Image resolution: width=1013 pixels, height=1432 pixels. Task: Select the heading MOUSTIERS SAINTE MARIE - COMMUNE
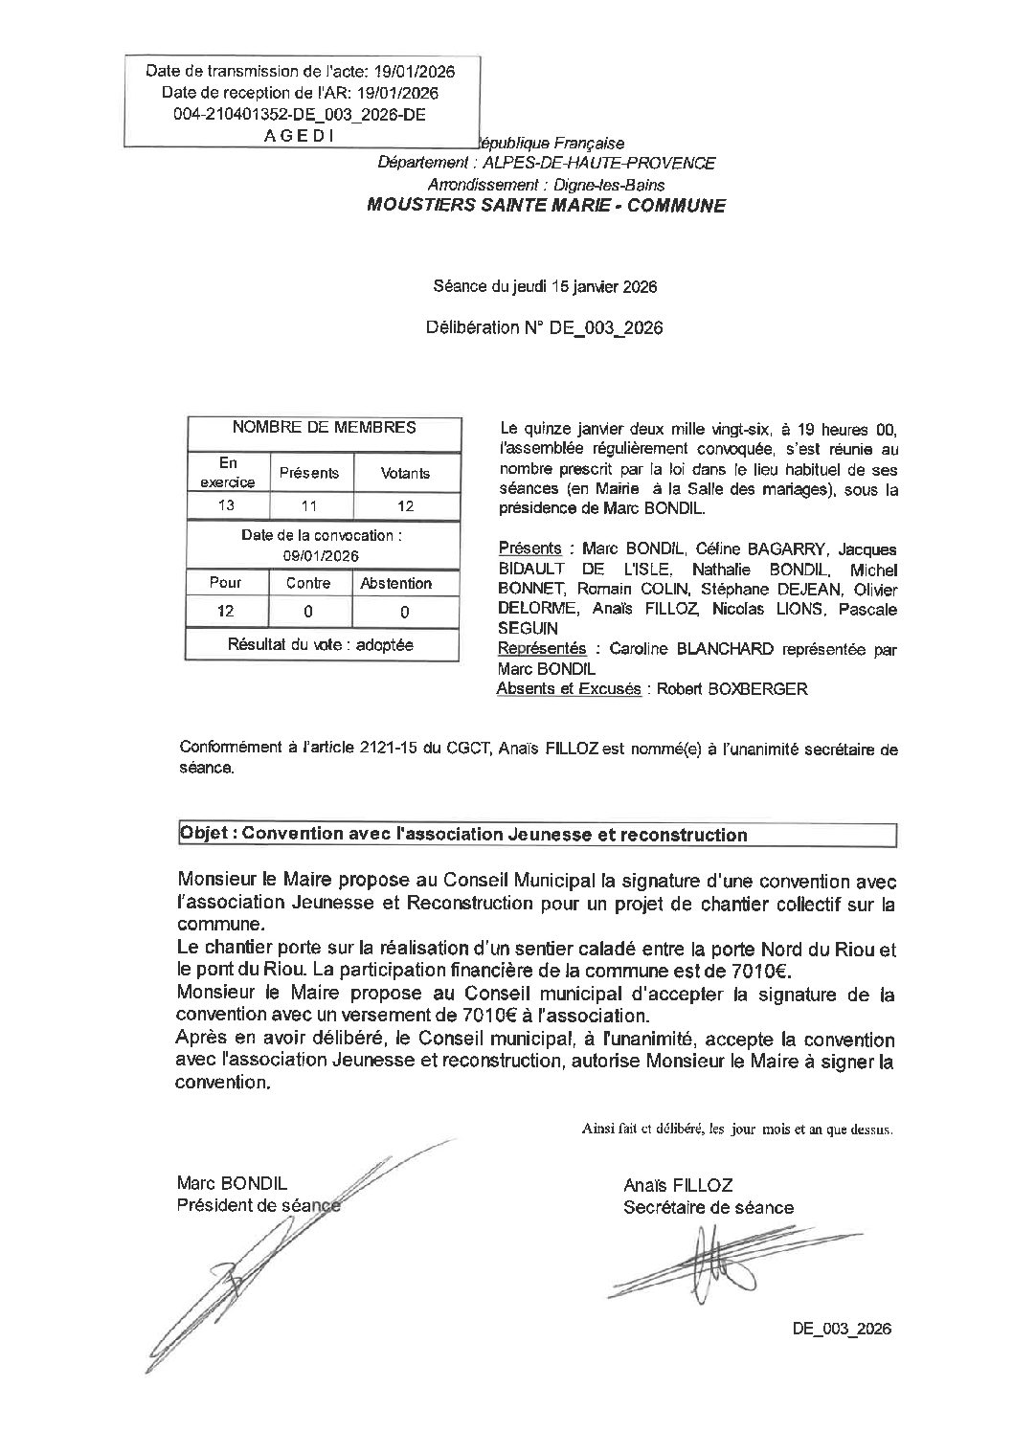pyautogui.click(x=547, y=205)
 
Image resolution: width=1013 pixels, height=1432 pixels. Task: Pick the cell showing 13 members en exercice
pyautogui.click(x=226, y=505)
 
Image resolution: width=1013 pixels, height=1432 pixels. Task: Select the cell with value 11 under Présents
pyautogui.click(x=308, y=505)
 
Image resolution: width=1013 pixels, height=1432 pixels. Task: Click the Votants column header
pyautogui.click(x=405, y=473)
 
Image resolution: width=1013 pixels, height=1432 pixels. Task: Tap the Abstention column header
pyautogui.click(x=395, y=583)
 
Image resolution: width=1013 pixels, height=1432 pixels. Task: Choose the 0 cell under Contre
pyautogui.click(x=308, y=611)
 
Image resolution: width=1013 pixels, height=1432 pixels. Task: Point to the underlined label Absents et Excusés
pyautogui.click(x=569, y=688)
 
